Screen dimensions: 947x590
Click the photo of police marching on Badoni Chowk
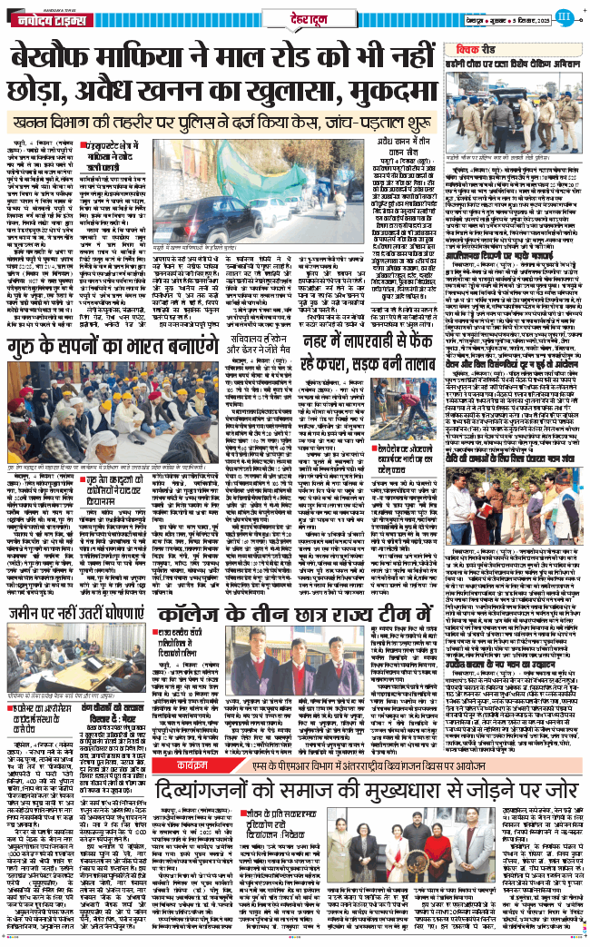tap(513, 108)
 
